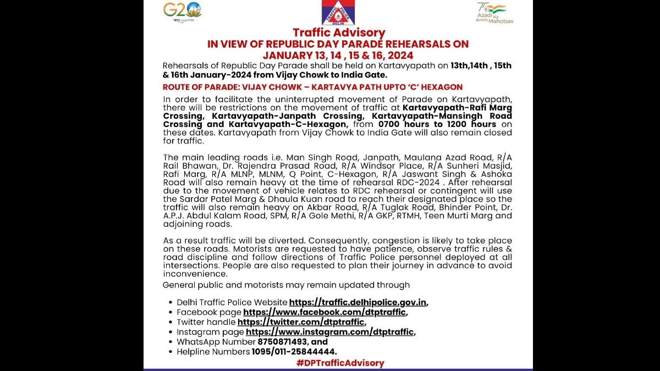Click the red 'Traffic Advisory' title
point(338,33)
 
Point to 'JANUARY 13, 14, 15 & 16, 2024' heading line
point(338,55)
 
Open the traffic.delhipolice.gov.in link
point(358,302)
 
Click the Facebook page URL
point(324,312)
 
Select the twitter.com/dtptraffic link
point(301,322)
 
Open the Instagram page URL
point(330,332)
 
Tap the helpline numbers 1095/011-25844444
point(294,352)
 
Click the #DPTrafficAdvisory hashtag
point(340,363)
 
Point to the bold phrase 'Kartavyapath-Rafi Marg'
point(457,107)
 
